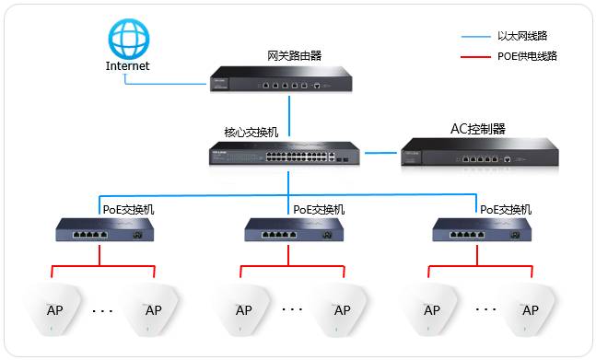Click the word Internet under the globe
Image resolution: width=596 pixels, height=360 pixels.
[x=127, y=66]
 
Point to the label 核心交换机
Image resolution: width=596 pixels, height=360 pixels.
[x=251, y=132]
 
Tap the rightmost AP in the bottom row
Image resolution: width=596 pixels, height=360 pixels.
[x=530, y=310]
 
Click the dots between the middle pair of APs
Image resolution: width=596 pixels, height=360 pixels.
[x=291, y=309]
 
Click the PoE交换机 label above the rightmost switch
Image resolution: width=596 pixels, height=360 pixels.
[x=506, y=210]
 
